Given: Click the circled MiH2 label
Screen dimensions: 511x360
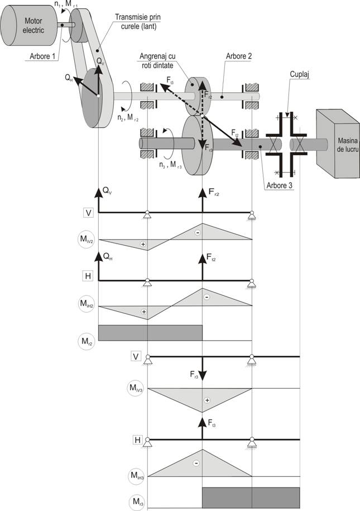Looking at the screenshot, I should [x=88, y=304].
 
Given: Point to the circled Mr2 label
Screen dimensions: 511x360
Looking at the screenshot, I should [x=88, y=339].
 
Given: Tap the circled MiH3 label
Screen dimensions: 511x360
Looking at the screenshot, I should [x=135, y=476].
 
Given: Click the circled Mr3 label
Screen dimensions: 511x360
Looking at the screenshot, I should [x=135, y=501].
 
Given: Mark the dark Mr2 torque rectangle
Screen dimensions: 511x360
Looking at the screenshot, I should [x=150, y=332].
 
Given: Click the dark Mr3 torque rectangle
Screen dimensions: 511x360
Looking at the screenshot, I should [x=251, y=495].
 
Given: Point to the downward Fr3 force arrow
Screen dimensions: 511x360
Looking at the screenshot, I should [x=202, y=369].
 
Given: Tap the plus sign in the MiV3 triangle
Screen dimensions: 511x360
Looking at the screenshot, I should [x=207, y=400].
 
